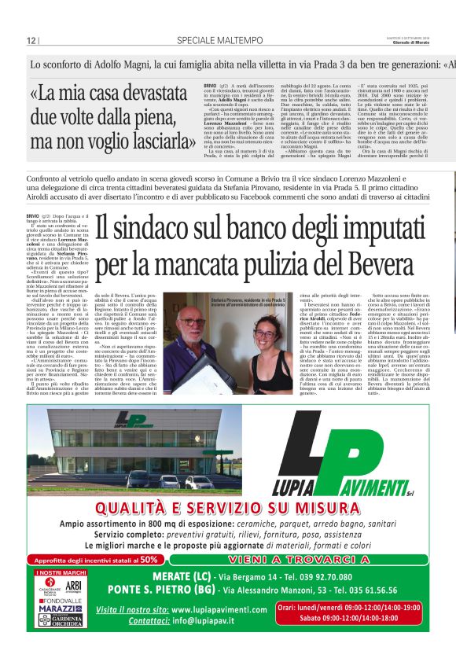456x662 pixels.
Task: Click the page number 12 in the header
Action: click(x=31, y=41)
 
